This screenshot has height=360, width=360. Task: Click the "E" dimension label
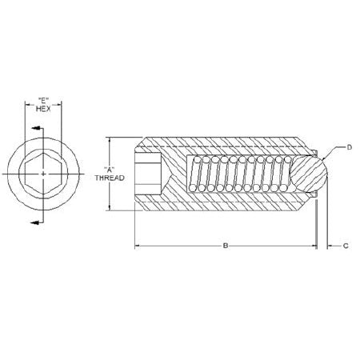46,101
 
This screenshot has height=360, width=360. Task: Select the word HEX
46,110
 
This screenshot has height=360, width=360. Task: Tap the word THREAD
110,178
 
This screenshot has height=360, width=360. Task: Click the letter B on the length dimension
226,246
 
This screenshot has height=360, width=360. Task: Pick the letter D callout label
349,147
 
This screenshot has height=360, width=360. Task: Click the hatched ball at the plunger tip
308,174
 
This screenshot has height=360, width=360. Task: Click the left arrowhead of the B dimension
137,246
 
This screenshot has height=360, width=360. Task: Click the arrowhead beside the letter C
330,246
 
